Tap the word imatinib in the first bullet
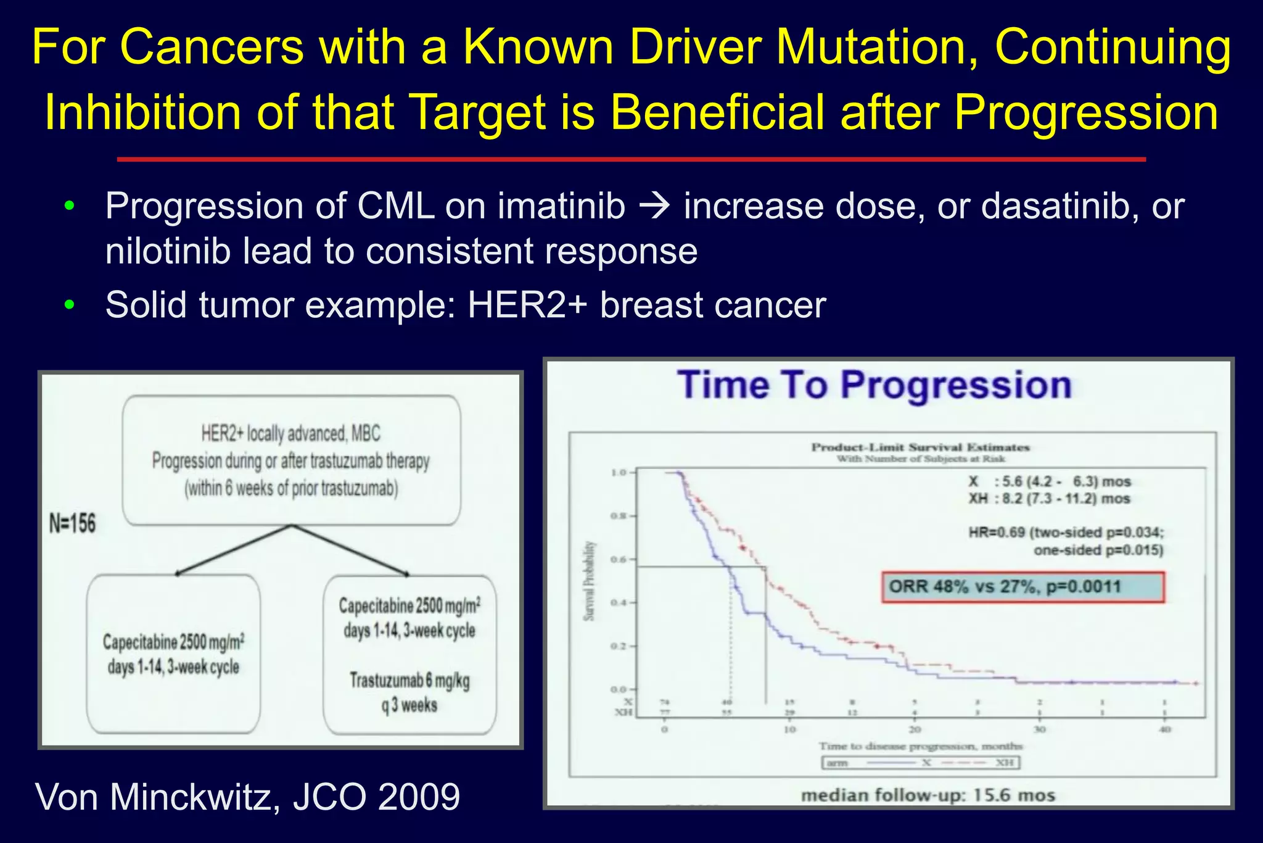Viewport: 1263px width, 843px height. pos(561,206)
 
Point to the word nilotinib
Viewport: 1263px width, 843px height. pos(165,251)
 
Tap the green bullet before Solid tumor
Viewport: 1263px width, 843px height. pos(69,305)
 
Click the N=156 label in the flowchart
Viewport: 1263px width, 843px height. pos(73,524)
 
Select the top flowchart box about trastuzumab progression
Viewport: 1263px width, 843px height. pos(291,460)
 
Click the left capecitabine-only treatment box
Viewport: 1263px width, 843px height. pos(173,654)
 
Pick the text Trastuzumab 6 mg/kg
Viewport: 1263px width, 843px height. pos(409,681)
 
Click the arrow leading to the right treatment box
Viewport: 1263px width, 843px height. pos(352,550)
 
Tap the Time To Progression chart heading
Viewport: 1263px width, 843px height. pos(874,386)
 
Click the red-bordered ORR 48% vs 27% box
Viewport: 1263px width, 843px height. pos(1022,587)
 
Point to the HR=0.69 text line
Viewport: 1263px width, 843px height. pos(1066,533)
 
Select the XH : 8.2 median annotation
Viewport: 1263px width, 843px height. pos(1048,499)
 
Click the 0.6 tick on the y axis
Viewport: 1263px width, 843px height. pos(619,560)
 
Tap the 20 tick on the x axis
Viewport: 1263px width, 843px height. pos(915,729)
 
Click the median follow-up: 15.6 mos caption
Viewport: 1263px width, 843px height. pos(928,795)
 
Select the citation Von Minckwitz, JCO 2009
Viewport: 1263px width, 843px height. pos(248,797)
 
